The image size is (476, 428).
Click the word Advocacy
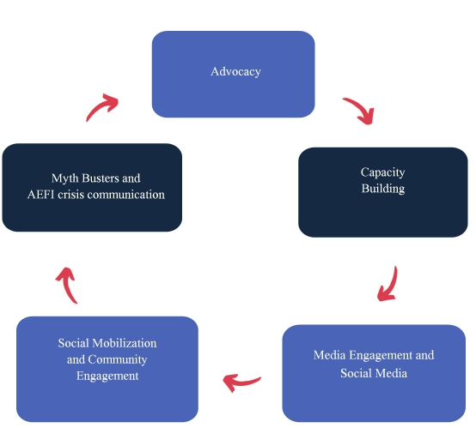coord(235,72)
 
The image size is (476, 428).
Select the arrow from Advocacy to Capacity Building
coord(361,109)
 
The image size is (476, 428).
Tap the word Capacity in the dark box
coord(383,172)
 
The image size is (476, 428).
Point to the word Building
coord(383,189)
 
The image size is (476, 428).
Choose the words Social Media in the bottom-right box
coord(374,373)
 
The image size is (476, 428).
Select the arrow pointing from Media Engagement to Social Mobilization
coord(242,383)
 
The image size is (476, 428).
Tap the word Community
coord(118,359)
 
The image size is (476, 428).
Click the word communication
coord(126,195)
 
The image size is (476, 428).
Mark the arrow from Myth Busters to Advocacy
coord(101,106)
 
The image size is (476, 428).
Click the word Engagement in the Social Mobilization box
coord(107,377)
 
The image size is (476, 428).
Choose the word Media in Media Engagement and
coord(329,355)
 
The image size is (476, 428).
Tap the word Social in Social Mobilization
coord(73,343)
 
